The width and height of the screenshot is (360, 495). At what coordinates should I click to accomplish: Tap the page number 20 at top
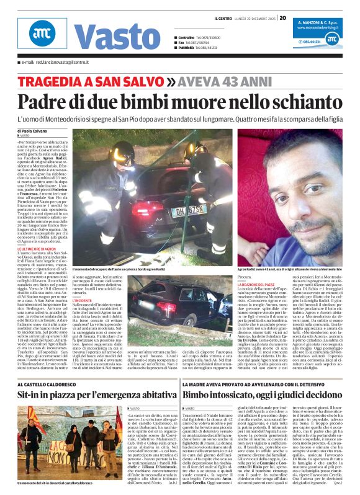(x=282, y=17)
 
